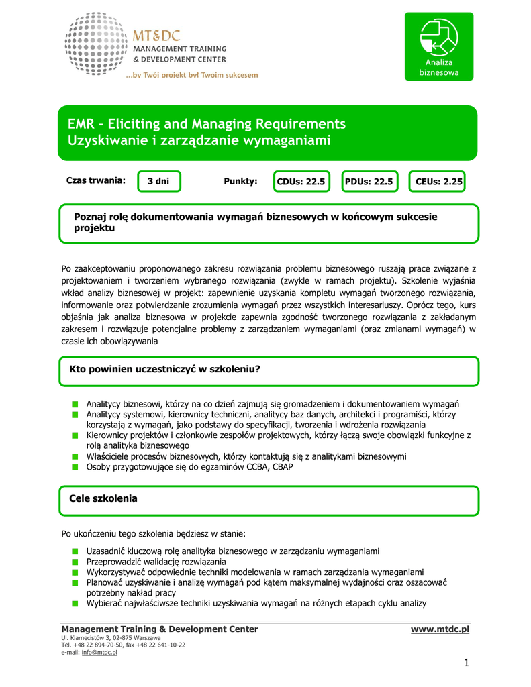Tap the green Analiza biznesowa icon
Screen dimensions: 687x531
[438, 46]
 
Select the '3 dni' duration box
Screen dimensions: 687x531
[158, 182]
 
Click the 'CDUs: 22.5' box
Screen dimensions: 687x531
[301, 182]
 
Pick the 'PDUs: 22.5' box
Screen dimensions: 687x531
[369, 182]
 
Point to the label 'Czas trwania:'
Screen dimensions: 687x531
[95, 181]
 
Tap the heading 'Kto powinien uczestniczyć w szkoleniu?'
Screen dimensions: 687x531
[165, 370]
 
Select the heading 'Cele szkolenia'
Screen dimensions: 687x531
[103, 498]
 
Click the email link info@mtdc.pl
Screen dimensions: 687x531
[99, 652]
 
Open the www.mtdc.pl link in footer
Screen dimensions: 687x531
[440, 629]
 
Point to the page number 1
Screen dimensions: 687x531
[465, 664]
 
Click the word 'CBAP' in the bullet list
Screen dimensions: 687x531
[281, 468]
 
